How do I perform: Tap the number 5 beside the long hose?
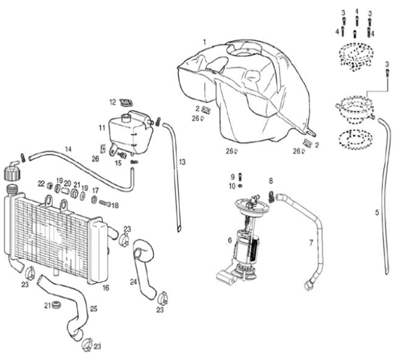[377, 212]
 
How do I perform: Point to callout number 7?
[311, 242]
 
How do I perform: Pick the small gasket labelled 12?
[125, 102]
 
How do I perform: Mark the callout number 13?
[182, 162]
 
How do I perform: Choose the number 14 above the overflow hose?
[68, 148]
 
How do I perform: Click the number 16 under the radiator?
[106, 288]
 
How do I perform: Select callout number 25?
[93, 309]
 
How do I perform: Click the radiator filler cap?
[11, 173]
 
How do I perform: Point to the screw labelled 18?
[105, 204]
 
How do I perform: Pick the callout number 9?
[232, 176]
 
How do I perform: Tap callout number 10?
[232, 186]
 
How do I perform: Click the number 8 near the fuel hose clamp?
[271, 180]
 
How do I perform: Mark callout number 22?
[41, 183]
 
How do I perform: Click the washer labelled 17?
[94, 199]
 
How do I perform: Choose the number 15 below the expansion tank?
[118, 163]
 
